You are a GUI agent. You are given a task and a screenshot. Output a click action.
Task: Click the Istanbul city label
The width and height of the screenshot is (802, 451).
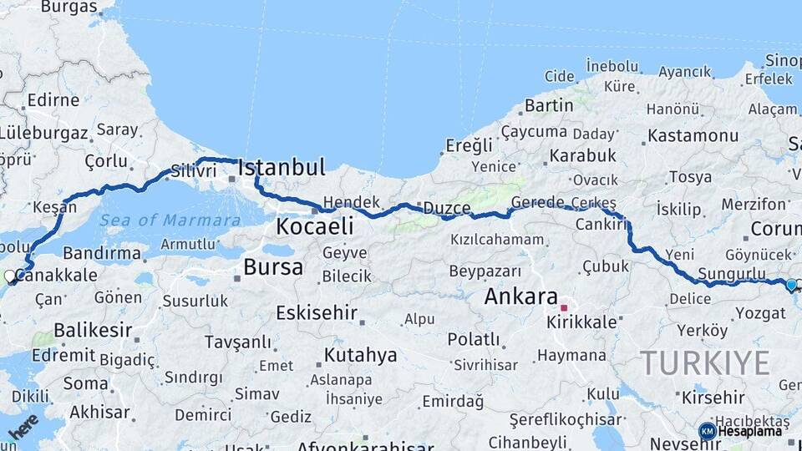[x=282, y=168]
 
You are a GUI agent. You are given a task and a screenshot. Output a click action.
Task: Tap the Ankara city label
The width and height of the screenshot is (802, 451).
[x=520, y=296]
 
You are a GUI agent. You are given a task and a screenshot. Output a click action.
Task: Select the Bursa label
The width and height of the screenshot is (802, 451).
[x=273, y=267]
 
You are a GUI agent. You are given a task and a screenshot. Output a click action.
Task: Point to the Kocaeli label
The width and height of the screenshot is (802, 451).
[x=315, y=225]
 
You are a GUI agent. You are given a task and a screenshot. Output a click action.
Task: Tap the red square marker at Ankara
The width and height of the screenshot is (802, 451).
[x=565, y=307]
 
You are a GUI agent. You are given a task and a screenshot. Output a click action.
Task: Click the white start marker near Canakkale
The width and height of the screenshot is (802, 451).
[x=9, y=276]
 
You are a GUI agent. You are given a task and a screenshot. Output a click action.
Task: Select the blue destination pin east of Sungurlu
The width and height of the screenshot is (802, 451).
[x=791, y=285]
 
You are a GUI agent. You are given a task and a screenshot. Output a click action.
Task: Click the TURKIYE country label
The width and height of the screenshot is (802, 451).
[x=705, y=362]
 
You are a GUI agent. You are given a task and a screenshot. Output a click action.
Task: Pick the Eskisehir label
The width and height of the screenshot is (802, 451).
[x=317, y=313]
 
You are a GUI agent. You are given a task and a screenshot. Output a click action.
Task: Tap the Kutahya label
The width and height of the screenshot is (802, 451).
[x=360, y=355]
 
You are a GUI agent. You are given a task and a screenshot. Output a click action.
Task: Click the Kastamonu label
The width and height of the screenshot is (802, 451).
[x=689, y=135]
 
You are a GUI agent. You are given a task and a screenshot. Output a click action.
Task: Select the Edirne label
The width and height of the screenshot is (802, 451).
[x=53, y=100]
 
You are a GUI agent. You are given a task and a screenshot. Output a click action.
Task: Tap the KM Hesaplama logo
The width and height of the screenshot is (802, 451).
[x=740, y=431]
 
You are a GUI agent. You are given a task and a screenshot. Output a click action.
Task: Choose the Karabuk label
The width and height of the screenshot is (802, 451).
[x=582, y=155]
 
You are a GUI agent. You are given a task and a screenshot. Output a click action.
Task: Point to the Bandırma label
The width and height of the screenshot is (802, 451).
[x=102, y=252]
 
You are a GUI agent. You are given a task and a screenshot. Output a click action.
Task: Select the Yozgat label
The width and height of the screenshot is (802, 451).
[x=760, y=313]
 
